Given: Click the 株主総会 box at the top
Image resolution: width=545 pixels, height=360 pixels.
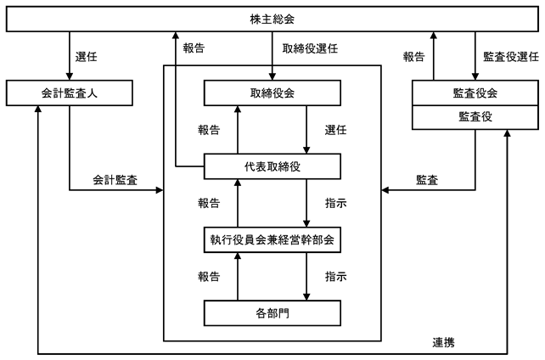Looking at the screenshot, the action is click(272, 19).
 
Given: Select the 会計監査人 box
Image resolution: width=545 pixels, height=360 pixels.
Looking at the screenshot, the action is click(70, 93).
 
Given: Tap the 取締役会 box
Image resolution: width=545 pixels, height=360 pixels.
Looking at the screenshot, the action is click(272, 93).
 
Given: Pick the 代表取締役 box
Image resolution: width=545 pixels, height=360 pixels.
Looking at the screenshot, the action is click(272, 166).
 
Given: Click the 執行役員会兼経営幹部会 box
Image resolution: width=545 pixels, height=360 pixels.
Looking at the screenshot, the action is click(272, 239).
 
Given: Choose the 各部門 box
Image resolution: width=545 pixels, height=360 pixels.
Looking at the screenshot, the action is click(272, 313).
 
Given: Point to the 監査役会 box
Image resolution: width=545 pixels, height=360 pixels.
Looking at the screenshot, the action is click(475, 93).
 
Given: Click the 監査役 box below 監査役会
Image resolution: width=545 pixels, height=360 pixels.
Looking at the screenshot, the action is click(475, 117).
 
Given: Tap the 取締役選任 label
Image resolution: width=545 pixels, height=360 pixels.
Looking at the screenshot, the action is click(310, 48).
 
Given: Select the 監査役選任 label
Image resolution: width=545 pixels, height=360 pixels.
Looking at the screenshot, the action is click(511, 57).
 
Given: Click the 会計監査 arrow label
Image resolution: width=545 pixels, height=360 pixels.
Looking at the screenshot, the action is click(115, 180).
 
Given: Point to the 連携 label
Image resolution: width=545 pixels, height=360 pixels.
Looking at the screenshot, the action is click(443, 343).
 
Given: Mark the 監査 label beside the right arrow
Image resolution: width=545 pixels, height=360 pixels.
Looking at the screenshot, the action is click(427, 180).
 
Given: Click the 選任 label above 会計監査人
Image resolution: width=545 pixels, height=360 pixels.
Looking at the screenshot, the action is click(87, 57).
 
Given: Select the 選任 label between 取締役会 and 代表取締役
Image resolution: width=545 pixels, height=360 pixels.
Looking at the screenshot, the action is click(335, 130).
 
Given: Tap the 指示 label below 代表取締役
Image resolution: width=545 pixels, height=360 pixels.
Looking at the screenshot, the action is click(335, 203).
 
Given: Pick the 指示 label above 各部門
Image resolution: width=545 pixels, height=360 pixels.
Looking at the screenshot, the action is click(335, 277).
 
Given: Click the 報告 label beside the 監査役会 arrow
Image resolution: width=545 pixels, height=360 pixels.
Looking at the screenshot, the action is click(413, 57).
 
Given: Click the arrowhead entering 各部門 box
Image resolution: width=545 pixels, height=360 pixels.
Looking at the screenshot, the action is click(306, 297).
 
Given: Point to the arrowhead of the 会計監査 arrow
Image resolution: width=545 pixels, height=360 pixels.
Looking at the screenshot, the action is click(160, 190).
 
